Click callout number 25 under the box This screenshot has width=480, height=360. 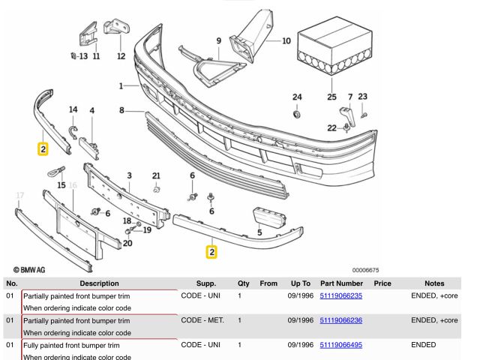331,97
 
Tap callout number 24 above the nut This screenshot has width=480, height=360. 297,97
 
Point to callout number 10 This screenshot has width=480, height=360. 286,41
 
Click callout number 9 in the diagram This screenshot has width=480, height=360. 219,40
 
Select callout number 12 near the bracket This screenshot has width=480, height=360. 121,55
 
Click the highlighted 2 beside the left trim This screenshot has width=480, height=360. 43,148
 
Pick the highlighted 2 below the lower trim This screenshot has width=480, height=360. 212,252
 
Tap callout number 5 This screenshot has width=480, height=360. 259,232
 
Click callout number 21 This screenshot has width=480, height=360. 156,176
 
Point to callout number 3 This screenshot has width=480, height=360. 129,176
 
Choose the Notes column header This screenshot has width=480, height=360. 434,283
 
